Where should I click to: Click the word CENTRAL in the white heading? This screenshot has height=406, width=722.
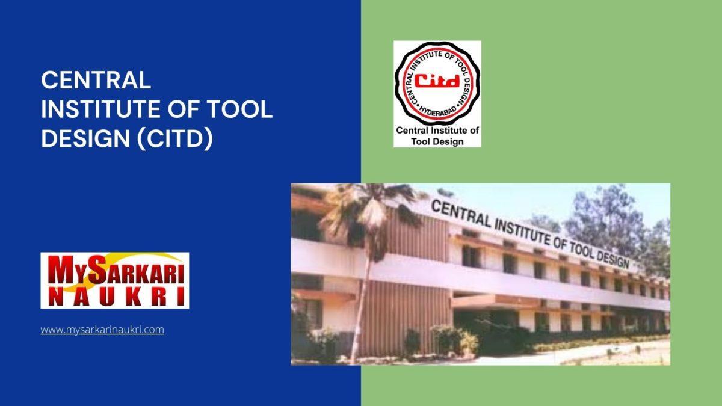point(96,80)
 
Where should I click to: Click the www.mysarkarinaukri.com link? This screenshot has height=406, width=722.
point(102,330)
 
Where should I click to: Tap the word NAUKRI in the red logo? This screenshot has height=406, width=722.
point(114,296)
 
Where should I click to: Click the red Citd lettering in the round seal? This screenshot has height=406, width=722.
point(437,80)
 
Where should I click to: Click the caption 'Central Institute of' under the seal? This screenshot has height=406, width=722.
point(437,130)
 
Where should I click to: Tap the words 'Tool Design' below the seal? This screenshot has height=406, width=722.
point(437,141)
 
